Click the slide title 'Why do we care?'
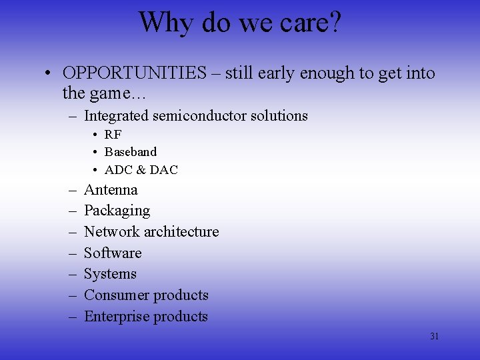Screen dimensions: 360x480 (x=239, y=22)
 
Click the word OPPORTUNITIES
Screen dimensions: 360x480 (x=135, y=73)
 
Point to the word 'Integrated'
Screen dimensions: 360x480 (x=116, y=116)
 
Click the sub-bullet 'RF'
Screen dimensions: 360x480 (x=113, y=135)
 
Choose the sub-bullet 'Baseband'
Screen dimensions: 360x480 (x=130, y=152)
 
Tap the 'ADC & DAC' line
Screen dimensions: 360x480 (x=141, y=170)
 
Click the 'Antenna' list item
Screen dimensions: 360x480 (x=111, y=190)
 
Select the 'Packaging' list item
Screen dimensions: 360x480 (x=117, y=211)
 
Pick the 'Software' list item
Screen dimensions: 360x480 (x=113, y=253)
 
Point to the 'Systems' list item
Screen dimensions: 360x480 (x=110, y=274)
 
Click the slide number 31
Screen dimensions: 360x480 (x=434, y=337)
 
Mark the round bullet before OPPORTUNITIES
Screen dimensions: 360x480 (x=51, y=73)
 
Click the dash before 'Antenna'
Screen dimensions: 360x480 (x=71, y=191)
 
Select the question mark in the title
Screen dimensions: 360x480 (x=333, y=22)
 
